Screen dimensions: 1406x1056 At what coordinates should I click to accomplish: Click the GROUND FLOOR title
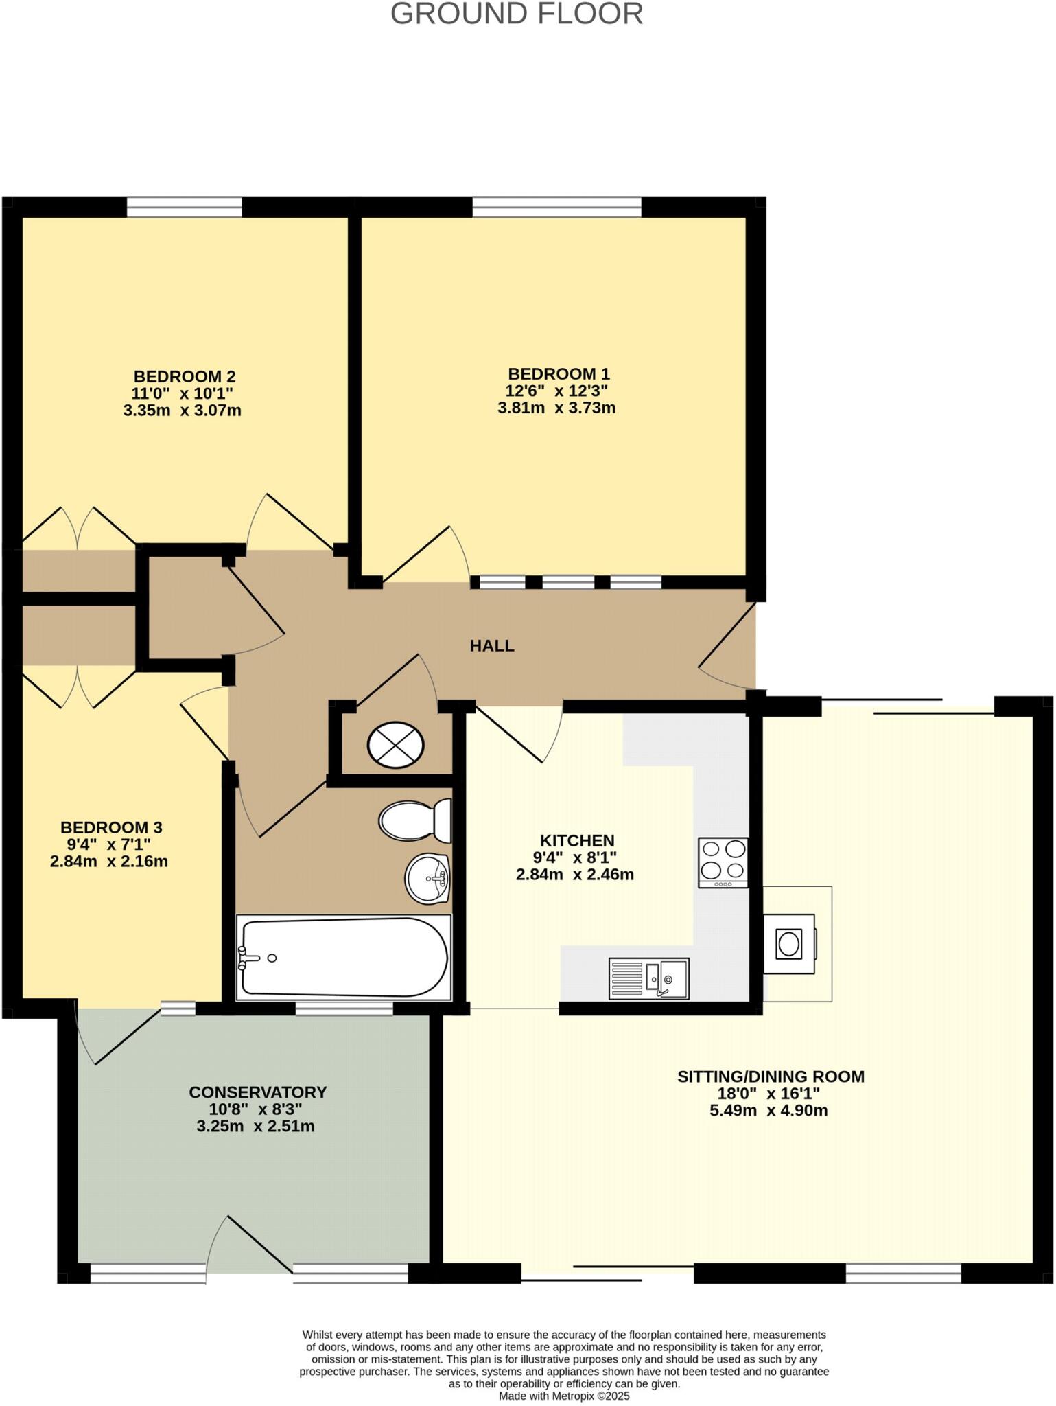click(x=517, y=14)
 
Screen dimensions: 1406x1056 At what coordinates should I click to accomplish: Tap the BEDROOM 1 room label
click(x=558, y=374)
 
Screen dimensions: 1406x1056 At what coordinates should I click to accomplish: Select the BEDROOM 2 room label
click(x=184, y=376)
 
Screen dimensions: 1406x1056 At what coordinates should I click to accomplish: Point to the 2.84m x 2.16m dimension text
click(x=108, y=861)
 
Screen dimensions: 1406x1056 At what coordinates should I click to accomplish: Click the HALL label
click(x=491, y=645)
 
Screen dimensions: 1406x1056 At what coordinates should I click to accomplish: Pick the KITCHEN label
click(x=576, y=840)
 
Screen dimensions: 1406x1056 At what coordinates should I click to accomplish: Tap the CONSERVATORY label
click(x=257, y=1092)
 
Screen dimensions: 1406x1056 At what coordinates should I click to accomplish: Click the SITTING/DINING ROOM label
click(x=770, y=1076)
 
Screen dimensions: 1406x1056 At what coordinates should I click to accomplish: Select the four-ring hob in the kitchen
click(x=723, y=862)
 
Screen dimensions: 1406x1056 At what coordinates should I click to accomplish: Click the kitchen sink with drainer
click(x=648, y=978)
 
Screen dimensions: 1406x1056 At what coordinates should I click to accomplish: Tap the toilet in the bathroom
click(x=414, y=820)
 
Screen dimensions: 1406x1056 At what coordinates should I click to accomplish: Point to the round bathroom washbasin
click(x=427, y=878)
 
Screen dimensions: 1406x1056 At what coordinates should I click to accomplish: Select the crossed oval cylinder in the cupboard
click(x=395, y=744)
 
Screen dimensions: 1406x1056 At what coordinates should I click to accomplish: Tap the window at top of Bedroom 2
click(x=184, y=207)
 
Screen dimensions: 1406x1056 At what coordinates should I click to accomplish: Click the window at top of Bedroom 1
click(x=556, y=207)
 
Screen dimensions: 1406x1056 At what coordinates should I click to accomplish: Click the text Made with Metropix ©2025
click(x=564, y=1396)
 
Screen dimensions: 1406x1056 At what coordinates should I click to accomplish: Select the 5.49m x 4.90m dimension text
click(x=768, y=1110)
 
